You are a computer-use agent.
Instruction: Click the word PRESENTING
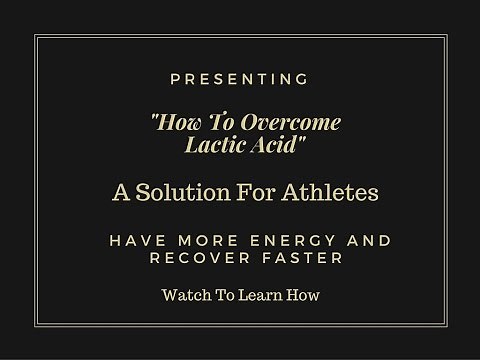coord(240,78)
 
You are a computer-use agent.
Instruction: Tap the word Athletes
coord(327,191)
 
